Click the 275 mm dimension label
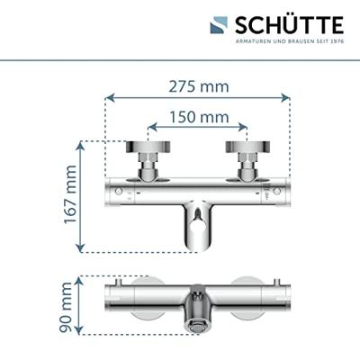199,86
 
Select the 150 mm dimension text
199,117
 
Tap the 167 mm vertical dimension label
70,194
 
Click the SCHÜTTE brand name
290,25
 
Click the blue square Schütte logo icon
219,25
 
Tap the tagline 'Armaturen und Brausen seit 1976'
290,41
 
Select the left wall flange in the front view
148,146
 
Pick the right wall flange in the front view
247,146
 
